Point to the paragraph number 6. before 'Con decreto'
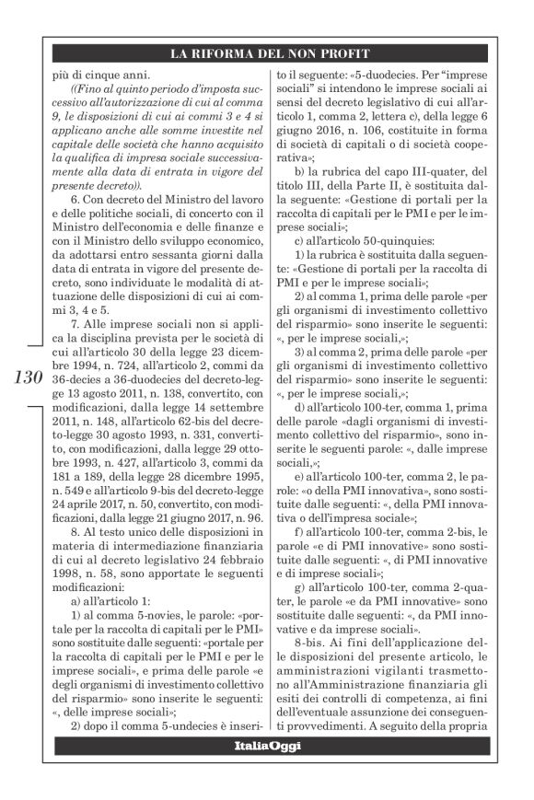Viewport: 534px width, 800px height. tap(75, 202)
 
